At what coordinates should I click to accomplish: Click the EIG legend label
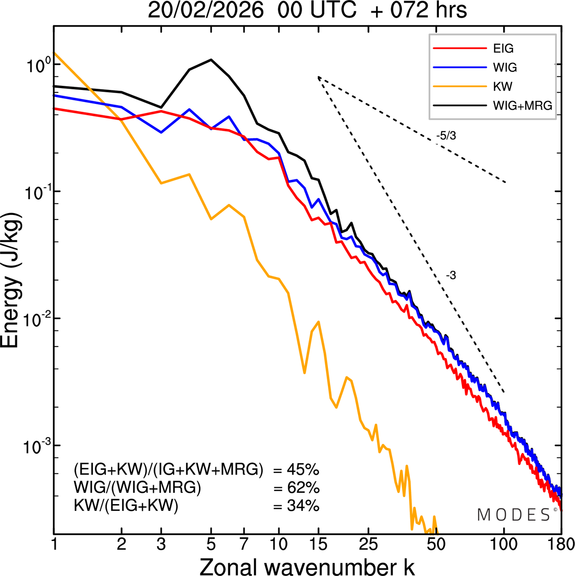503,49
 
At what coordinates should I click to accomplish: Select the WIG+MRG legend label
522,106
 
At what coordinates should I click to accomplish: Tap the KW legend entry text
503,86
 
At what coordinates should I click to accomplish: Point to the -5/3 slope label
446,136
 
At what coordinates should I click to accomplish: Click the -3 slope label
451,276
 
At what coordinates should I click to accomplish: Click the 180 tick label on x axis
562,544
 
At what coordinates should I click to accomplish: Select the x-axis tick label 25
368,544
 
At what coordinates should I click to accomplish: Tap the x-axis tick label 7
244,544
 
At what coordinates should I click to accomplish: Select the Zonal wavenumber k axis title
307,567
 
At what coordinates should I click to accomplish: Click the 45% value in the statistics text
303,470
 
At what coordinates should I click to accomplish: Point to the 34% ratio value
303,506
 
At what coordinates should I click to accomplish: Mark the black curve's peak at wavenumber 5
211,59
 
